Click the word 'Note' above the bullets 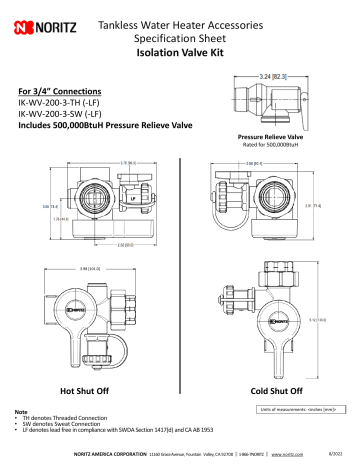pos(20,411)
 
